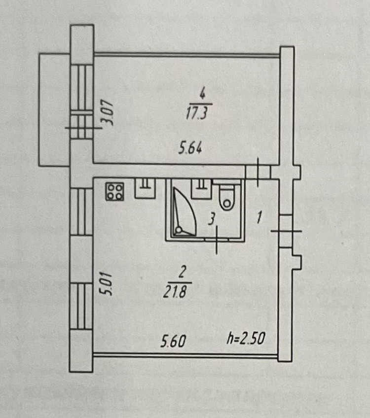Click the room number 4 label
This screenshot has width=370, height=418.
[x=201, y=92]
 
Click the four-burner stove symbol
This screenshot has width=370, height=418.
[x=115, y=192]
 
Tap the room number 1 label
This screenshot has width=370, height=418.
[x=259, y=216]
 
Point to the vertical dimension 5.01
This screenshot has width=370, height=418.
[x=109, y=285]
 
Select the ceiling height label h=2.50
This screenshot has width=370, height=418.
[x=246, y=339]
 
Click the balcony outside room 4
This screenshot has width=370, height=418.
[x=54, y=110]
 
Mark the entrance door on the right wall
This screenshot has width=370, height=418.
[x=286, y=231]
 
